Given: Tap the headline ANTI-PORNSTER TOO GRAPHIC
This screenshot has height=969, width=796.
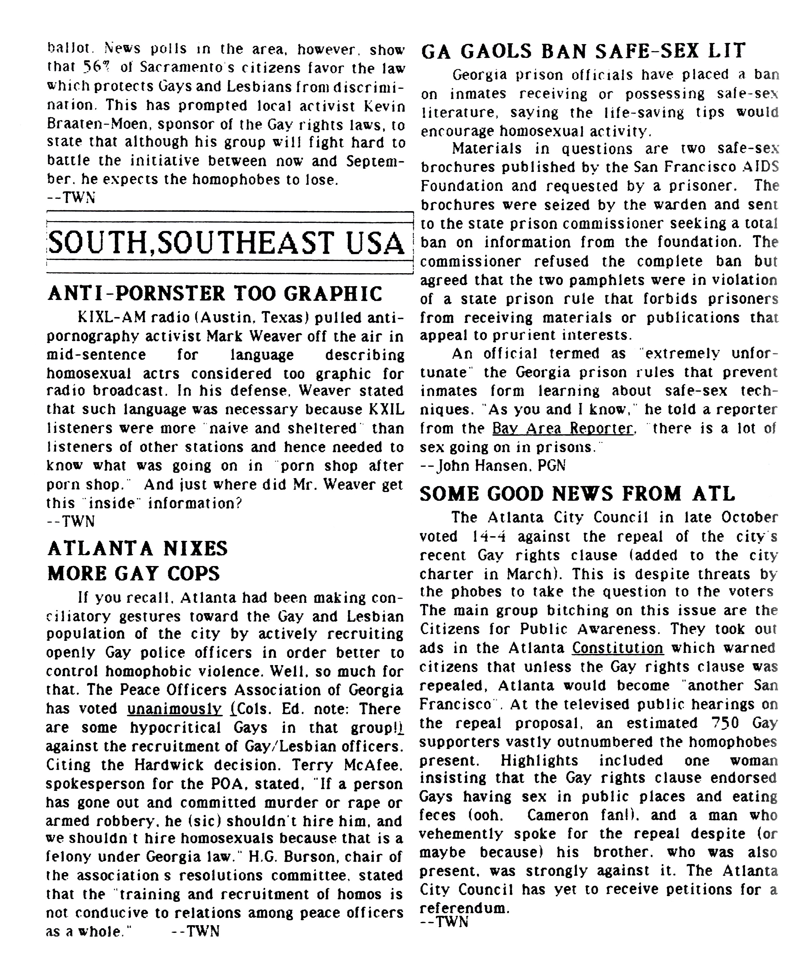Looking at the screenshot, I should [215, 294].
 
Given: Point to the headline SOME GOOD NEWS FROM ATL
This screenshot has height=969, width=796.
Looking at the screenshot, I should [577, 494].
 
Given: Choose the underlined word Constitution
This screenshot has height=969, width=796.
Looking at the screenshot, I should [617, 648].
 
